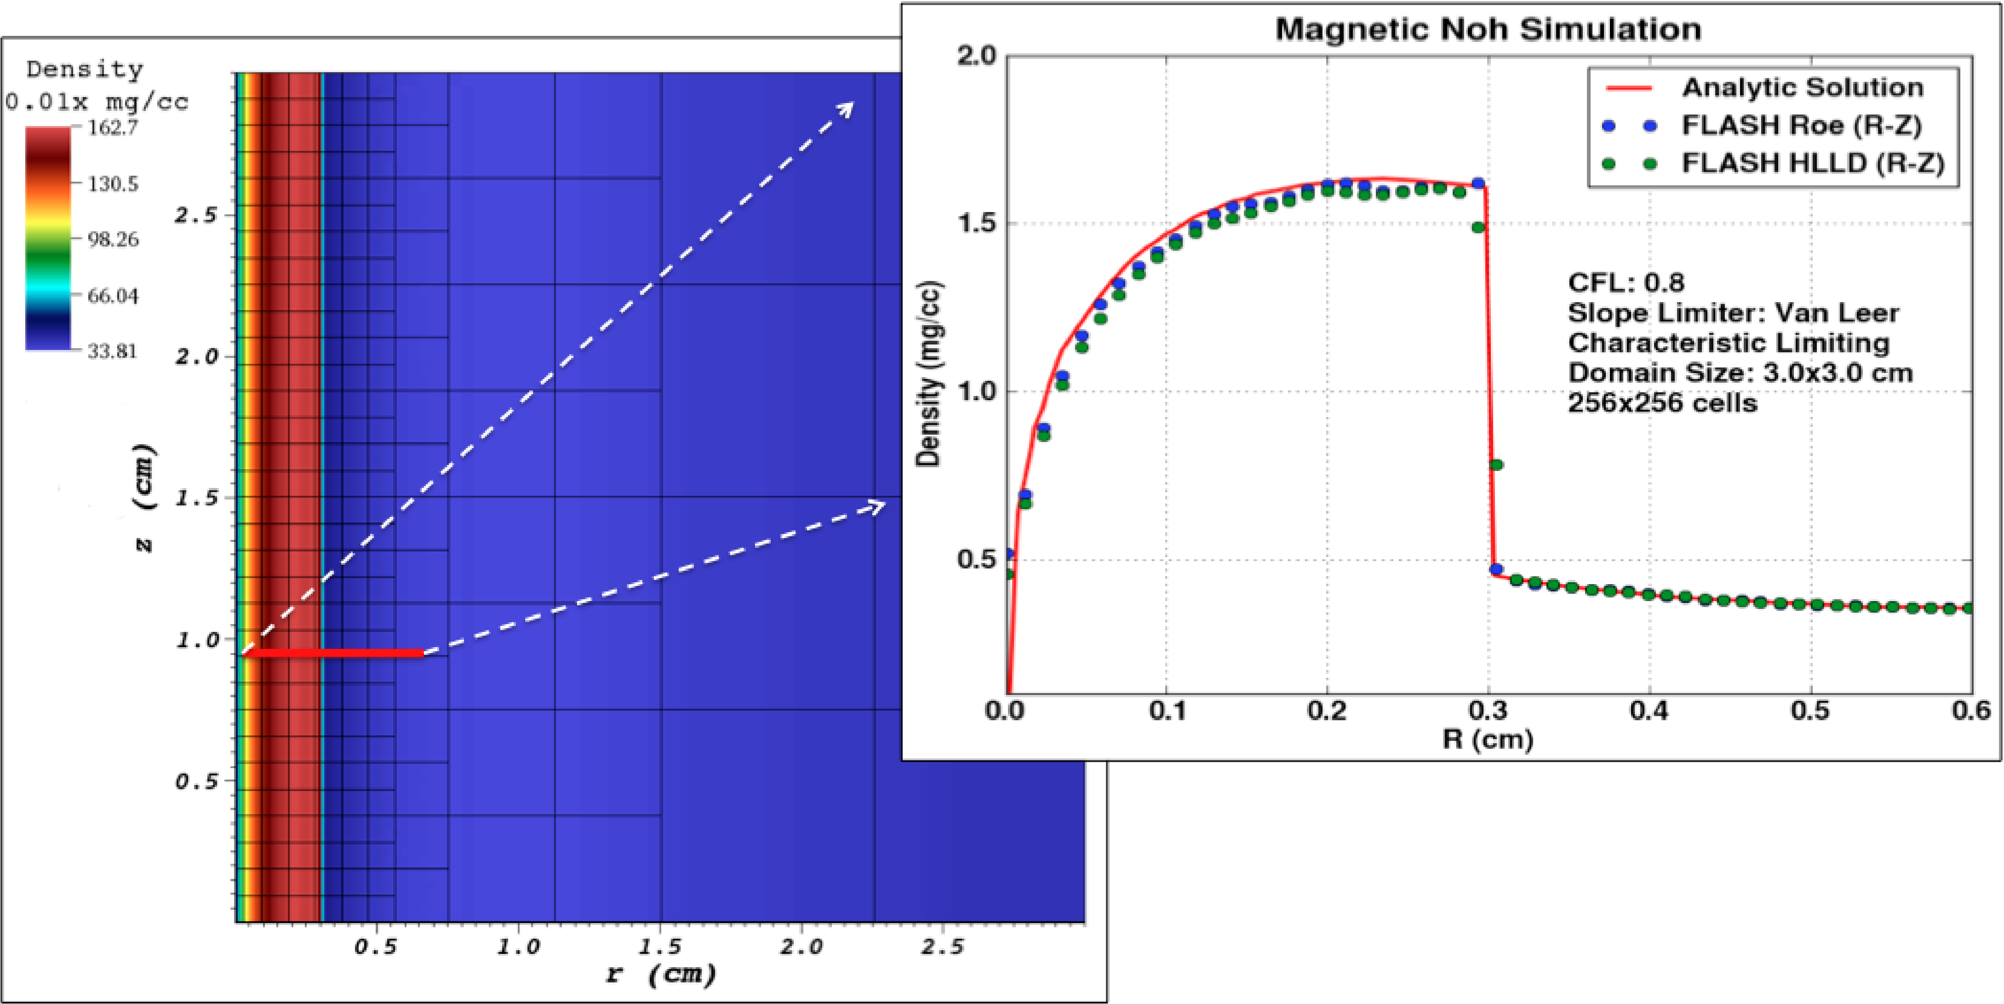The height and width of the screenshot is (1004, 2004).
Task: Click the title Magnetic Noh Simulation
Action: [1488, 29]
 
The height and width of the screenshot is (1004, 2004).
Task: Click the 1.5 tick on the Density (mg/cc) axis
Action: [977, 224]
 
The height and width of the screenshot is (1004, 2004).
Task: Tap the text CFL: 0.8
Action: [1626, 282]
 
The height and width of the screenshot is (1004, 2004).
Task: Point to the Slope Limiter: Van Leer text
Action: [1733, 312]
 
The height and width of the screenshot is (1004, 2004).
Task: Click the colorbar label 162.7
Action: [112, 128]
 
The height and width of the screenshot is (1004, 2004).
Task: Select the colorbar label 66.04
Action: [112, 296]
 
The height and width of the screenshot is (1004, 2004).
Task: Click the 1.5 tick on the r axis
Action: [660, 947]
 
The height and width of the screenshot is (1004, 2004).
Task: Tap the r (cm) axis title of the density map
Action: [660, 974]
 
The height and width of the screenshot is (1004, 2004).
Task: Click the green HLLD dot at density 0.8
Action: [1495, 465]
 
